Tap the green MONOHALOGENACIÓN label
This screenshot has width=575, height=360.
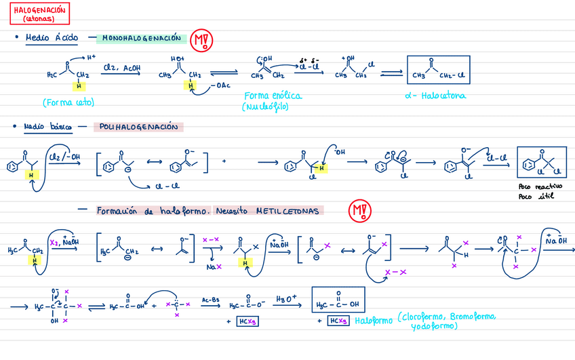(142, 39)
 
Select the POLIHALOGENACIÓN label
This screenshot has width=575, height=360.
(138, 127)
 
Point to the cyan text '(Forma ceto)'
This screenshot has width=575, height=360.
(67, 103)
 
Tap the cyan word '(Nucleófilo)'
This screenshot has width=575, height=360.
(268, 106)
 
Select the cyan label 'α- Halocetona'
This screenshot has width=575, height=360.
(443, 96)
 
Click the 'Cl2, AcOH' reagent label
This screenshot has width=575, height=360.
(121, 67)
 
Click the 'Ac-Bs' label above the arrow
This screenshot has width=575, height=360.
(210, 298)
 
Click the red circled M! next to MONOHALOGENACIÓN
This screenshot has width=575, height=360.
(201, 41)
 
